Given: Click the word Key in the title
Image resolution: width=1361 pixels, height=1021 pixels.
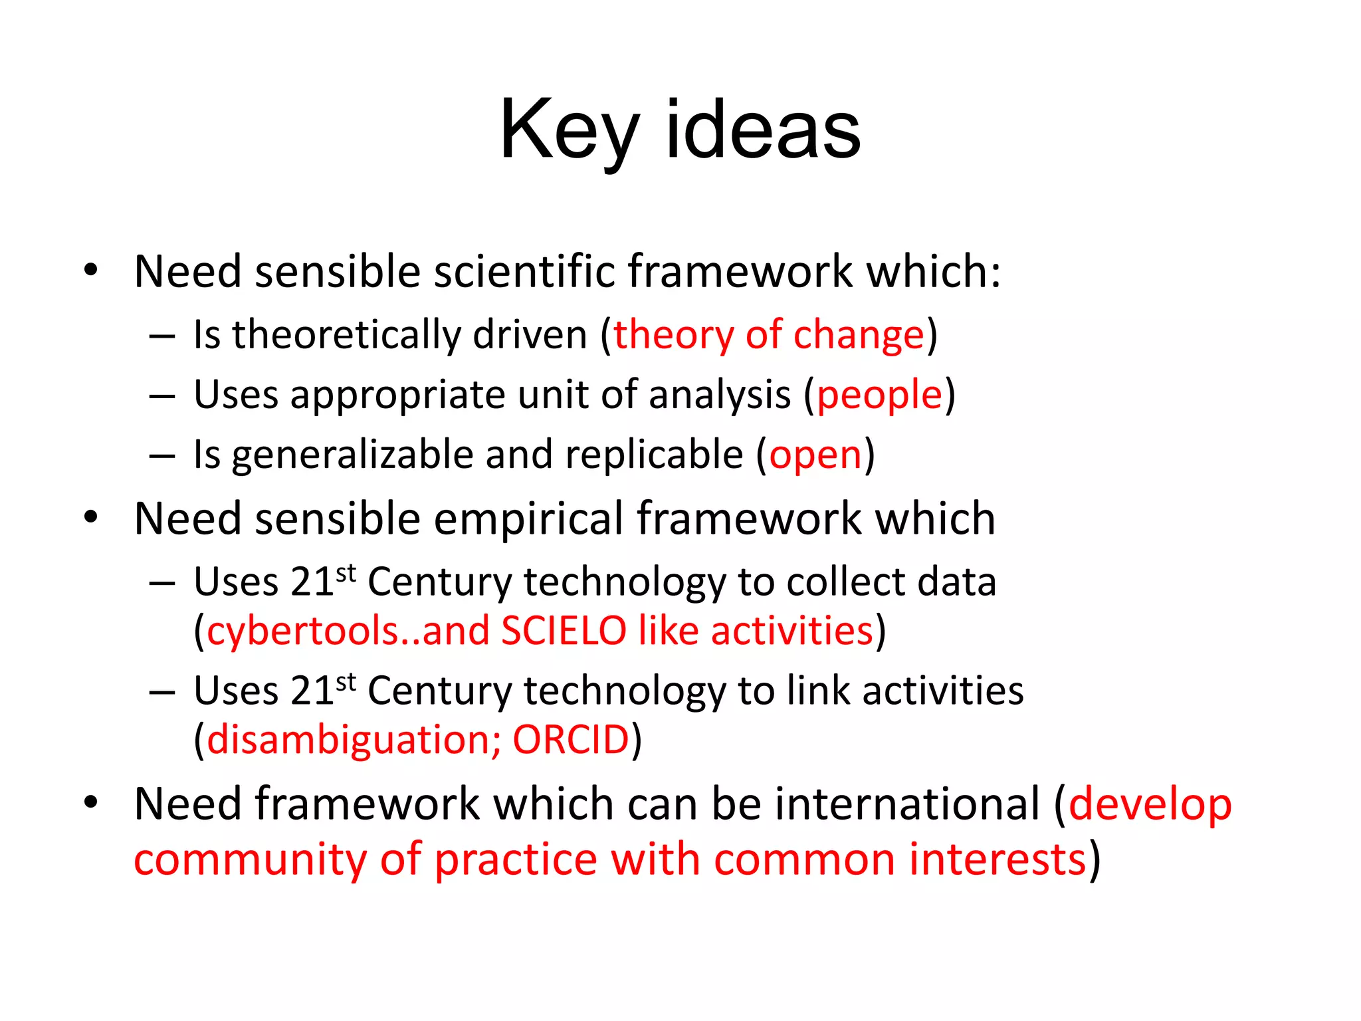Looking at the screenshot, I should [x=569, y=130].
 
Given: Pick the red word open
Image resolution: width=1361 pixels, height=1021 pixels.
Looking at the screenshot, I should [x=815, y=455].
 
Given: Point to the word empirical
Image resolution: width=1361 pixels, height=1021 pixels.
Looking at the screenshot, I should [x=529, y=518].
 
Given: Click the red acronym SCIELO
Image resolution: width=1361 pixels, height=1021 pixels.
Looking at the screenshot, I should [x=564, y=630].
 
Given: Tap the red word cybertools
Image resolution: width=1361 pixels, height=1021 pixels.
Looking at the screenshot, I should [x=302, y=630].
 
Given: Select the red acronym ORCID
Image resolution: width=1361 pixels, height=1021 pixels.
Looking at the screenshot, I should [x=571, y=739].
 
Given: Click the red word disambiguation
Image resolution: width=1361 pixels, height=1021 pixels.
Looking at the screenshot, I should [x=350, y=739].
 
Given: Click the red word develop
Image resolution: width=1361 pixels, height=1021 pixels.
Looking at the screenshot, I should [x=1150, y=804].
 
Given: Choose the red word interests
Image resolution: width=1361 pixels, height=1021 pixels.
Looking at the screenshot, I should [x=997, y=859].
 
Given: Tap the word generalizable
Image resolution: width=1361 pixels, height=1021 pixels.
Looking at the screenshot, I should [x=352, y=455].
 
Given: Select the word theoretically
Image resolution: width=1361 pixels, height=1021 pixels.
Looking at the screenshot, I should [x=346, y=334].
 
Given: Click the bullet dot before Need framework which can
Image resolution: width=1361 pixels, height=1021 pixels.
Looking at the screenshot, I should [x=91, y=802].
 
